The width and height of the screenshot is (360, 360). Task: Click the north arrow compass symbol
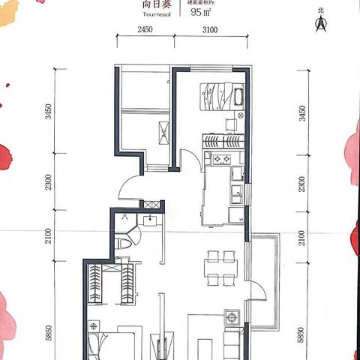[321, 23]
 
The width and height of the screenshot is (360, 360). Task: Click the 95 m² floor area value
[201, 13]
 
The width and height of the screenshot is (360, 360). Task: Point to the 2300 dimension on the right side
[302, 184]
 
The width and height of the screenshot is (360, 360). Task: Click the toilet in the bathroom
[124, 242]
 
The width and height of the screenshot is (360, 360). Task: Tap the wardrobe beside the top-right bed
[223, 139]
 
